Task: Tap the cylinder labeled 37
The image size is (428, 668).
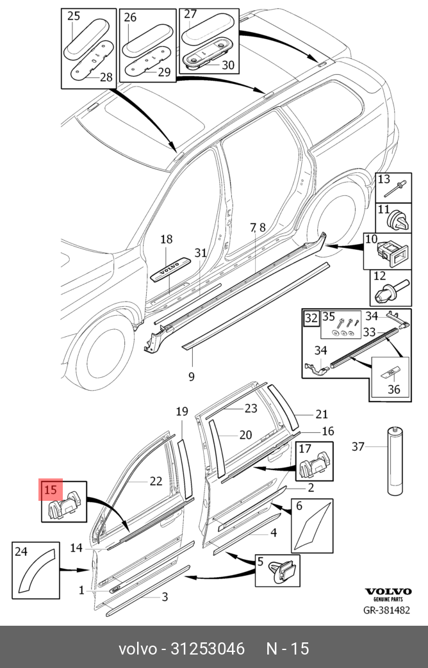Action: [392, 461]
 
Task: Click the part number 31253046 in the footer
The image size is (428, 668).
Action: [207, 648]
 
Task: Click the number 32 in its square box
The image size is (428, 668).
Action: [311, 318]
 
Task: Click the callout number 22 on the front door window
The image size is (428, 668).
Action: [156, 482]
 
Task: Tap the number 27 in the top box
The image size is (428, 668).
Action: [191, 14]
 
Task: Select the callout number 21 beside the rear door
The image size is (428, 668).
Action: [321, 414]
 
